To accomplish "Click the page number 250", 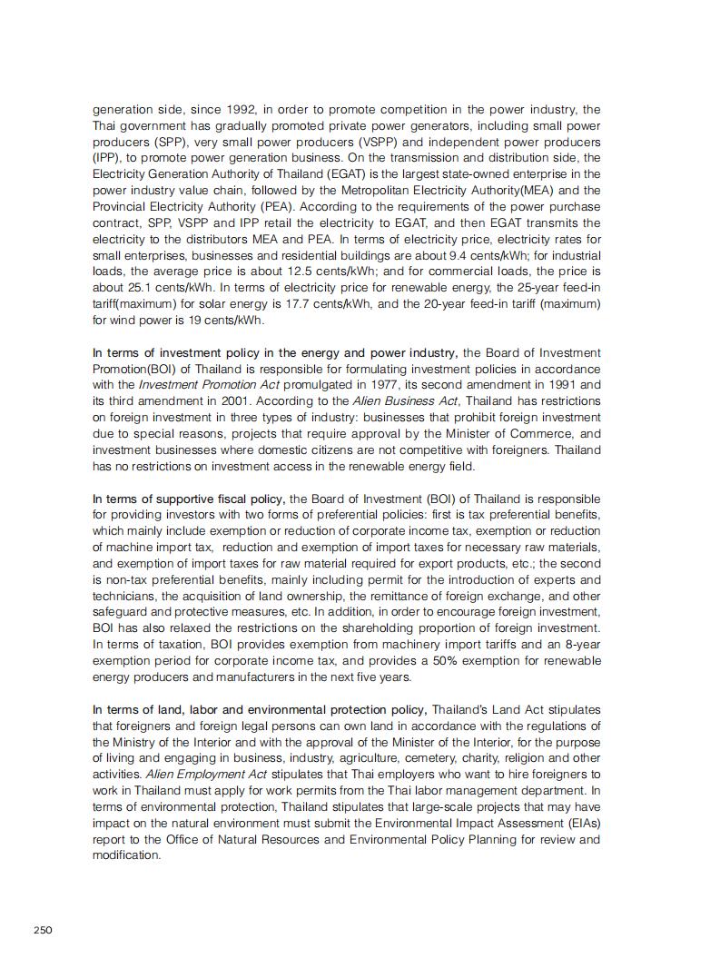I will pyautogui.click(x=43, y=929).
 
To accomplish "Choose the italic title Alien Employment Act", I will pyautogui.click(x=195, y=775).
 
